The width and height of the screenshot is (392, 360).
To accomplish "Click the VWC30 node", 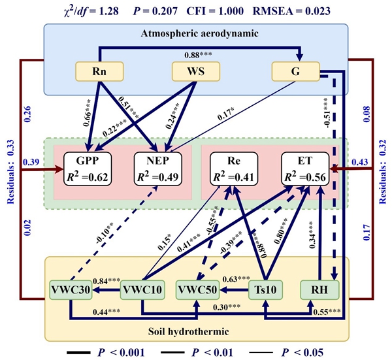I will click(69, 287).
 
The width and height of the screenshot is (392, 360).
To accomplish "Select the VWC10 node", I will click(141, 287).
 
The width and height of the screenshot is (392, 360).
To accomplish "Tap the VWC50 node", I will click(199, 287).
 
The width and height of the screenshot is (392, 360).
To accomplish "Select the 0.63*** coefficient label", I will click(230, 280).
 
